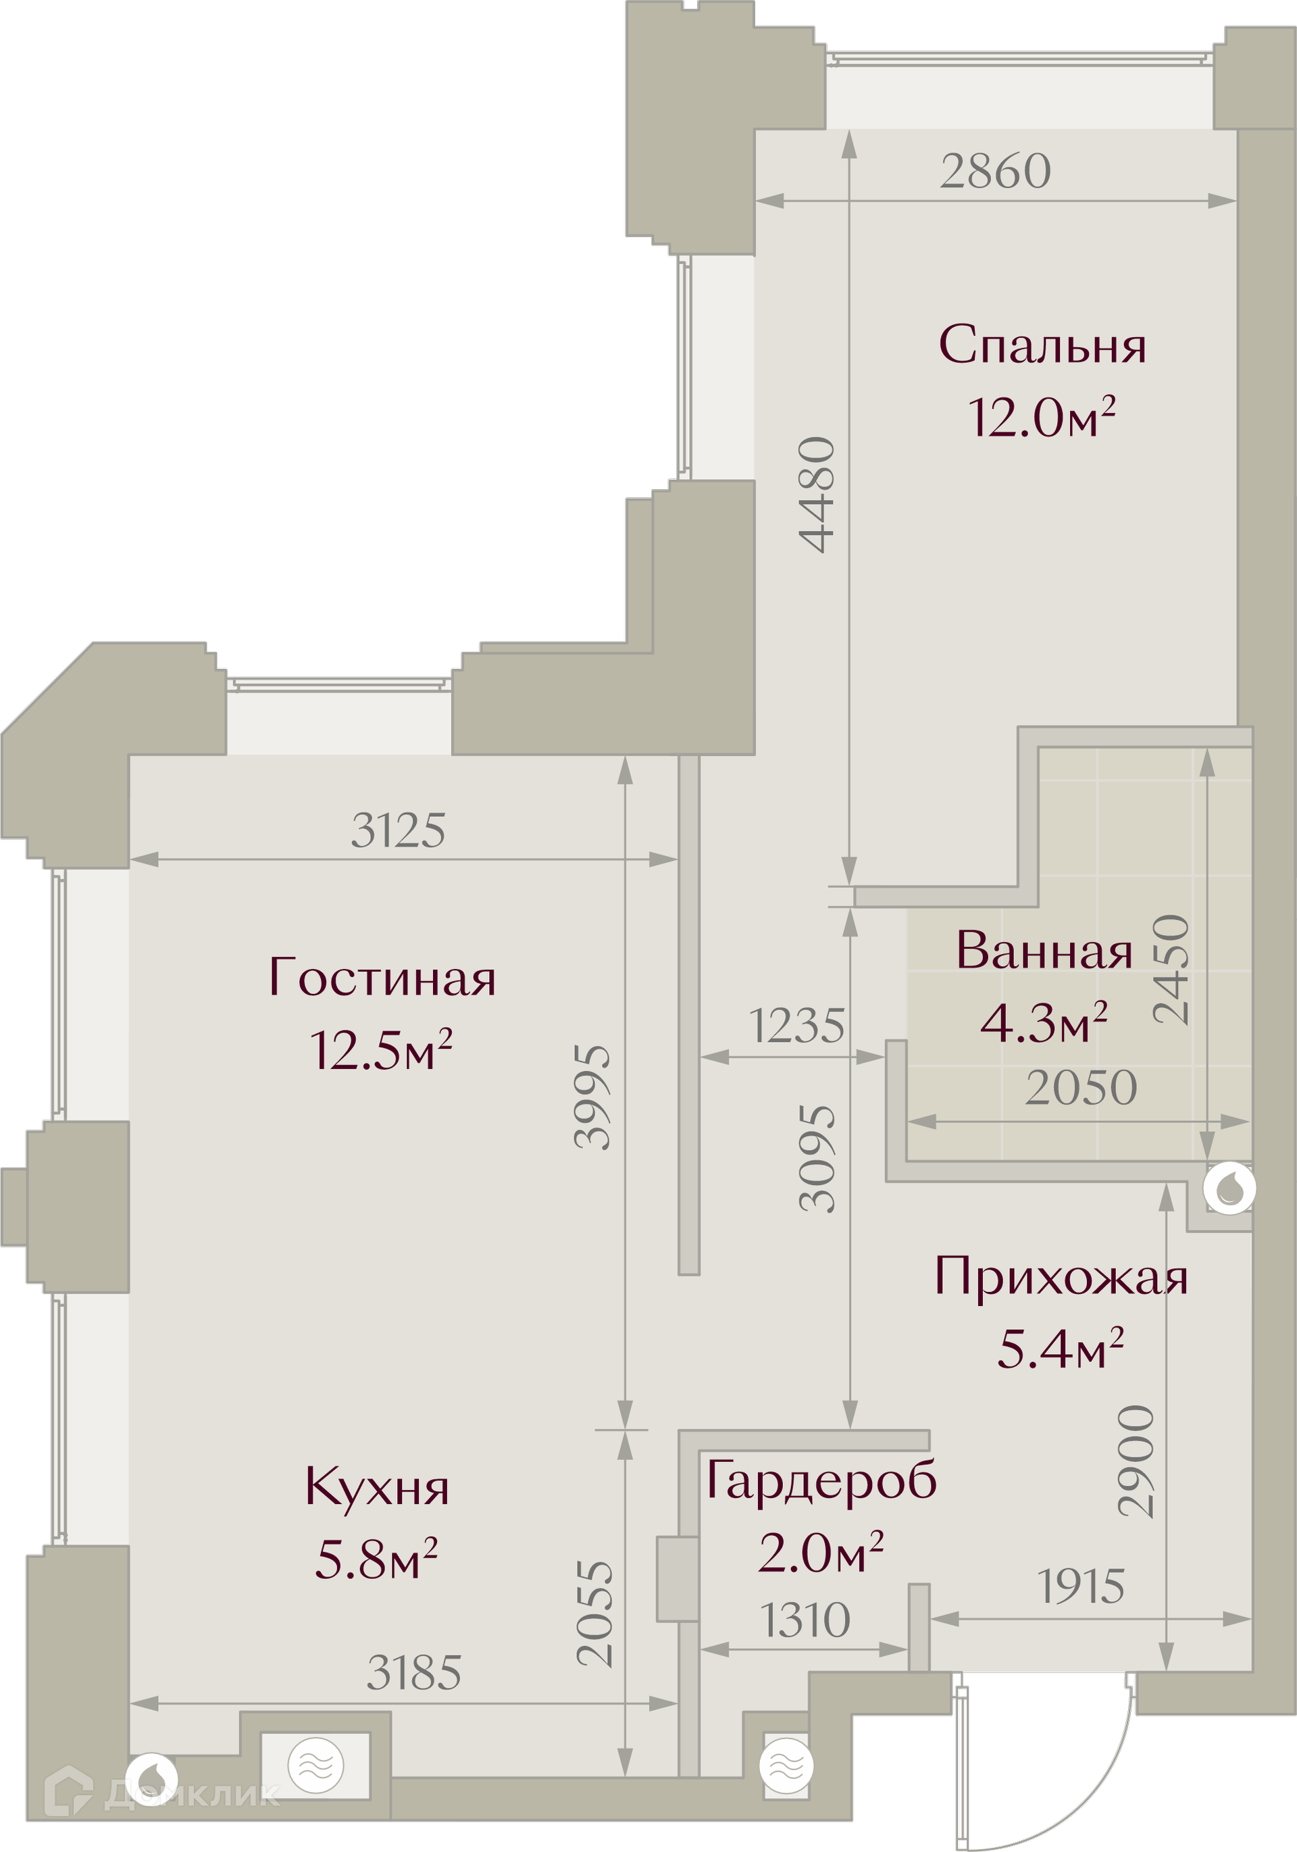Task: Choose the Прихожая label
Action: [1061, 1278]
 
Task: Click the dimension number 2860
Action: [995, 171]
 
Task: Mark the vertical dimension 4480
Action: [816, 494]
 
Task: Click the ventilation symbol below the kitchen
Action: [315, 1766]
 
